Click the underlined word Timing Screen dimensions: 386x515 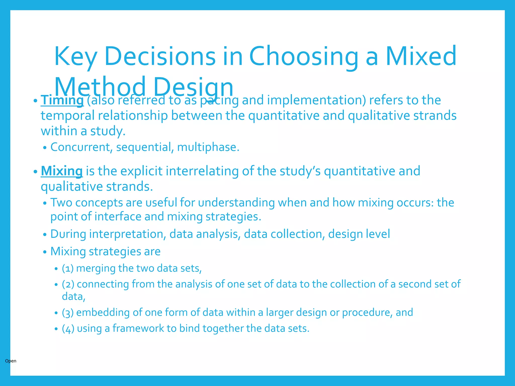pos(62,100)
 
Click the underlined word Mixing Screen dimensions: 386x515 pos(62,171)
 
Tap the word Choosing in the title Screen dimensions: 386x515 pos(304,57)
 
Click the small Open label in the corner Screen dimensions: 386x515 pos(11,361)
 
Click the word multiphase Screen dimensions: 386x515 pos(208,147)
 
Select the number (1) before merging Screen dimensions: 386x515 pos(68,268)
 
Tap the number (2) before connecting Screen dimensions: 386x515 pos(68,284)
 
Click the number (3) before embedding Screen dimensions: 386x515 pos(68,313)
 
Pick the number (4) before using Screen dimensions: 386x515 pos(68,329)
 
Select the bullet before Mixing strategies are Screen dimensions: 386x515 pos(45,252)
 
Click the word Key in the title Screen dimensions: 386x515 pos(75,57)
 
